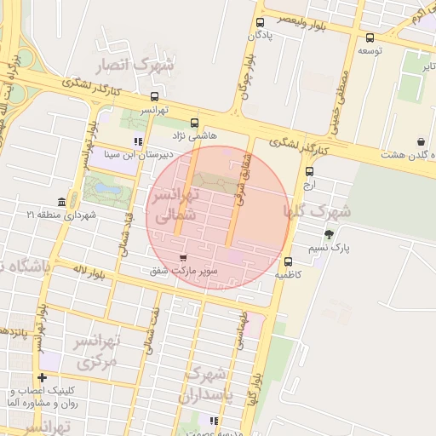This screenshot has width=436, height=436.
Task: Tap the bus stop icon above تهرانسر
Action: click(154, 96)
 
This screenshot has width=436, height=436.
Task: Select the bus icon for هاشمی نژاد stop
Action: click(194, 123)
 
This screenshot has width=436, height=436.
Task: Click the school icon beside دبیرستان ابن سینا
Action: click(138, 142)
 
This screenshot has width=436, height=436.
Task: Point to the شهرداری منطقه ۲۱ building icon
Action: click(61, 202)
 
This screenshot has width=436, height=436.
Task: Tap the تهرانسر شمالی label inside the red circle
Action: click(174, 205)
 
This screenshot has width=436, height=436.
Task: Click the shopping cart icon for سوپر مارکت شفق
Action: click(183, 257)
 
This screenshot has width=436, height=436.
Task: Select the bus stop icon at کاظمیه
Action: click(289, 261)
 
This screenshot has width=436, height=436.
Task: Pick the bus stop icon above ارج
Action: click(308, 171)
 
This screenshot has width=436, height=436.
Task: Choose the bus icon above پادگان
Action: click(261, 23)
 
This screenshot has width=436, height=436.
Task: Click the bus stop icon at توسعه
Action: click(369, 37)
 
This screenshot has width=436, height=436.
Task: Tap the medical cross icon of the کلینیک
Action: click(42, 377)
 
